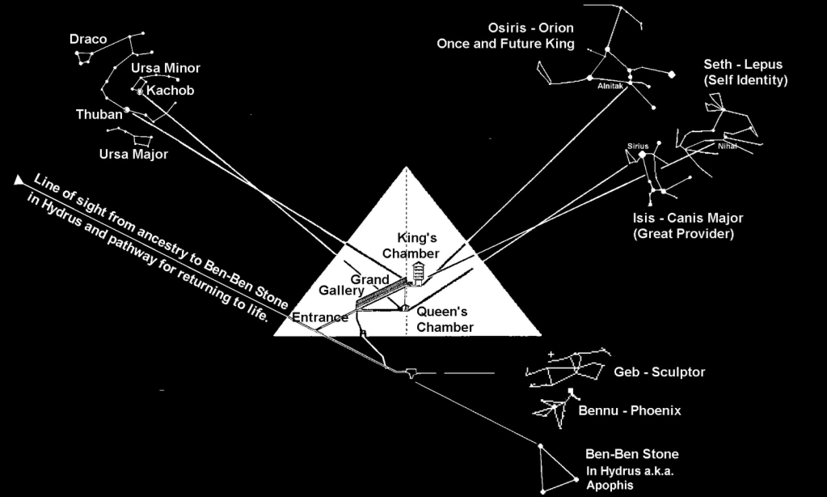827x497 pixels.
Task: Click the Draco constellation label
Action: tap(88, 39)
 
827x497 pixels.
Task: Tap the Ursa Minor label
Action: tap(165, 68)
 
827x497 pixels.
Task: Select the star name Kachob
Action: tap(171, 91)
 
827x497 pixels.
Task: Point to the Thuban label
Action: tap(99, 114)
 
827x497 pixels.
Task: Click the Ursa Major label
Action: tap(134, 153)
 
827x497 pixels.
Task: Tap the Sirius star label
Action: tap(638, 146)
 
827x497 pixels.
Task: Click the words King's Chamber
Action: tap(418, 244)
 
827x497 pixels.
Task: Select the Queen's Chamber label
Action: tap(445, 319)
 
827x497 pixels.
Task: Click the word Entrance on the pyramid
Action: tap(319, 317)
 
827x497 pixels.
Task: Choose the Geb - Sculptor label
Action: tap(660, 372)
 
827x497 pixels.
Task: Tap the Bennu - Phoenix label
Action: tap(630, 411)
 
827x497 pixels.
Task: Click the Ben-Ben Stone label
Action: tap(631, 454)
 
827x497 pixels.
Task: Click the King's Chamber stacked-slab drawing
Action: tap(419, 271)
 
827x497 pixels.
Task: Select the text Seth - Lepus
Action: tap(743, 64)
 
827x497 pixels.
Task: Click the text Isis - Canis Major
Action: tap(688, 218)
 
